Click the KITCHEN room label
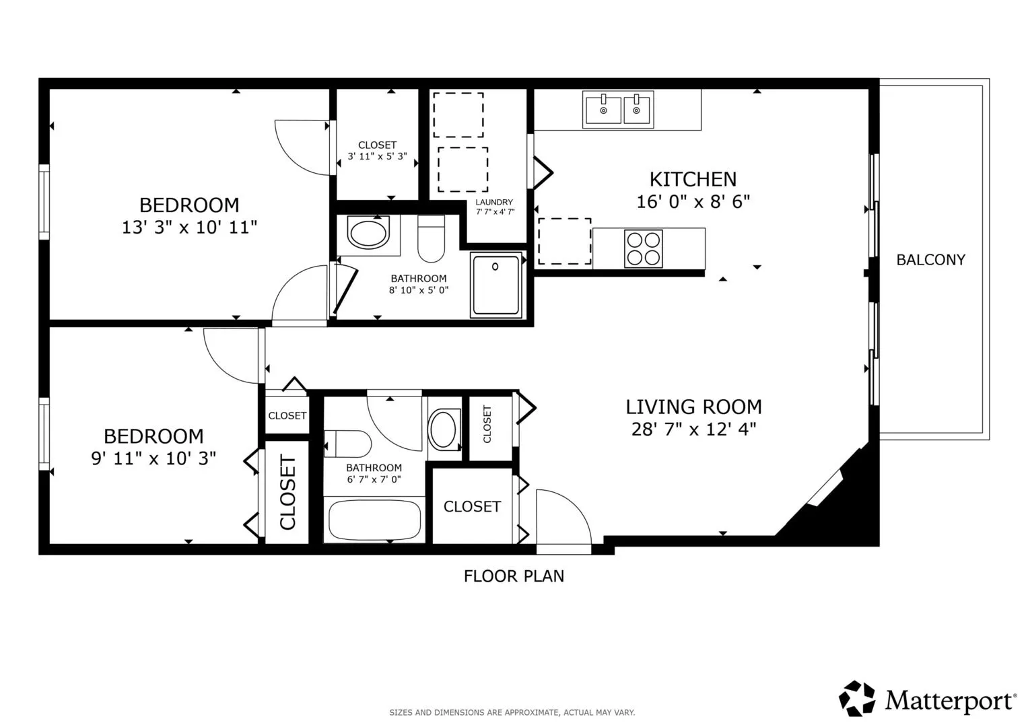coord(693,180)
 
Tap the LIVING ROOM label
coord(694,407)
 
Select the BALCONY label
coord(930,260)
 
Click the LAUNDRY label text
coord(494,202)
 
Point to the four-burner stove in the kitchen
coord(644,249)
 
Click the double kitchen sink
coord(618,110)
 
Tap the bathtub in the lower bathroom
coord(374,520)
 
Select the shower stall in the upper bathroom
coord(496,285)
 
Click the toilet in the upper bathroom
coord(431,239)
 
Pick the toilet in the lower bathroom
coord(347,444)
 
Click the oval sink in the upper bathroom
coord(368,233)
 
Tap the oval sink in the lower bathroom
coord(443,429)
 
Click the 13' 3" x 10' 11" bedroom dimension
coord(189,228)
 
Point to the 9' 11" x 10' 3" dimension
coord(153,458)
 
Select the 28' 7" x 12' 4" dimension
coord(694,429)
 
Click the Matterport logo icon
coord(857,698)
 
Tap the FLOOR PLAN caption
coord(514,576)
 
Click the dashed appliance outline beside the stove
coord(564,242)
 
